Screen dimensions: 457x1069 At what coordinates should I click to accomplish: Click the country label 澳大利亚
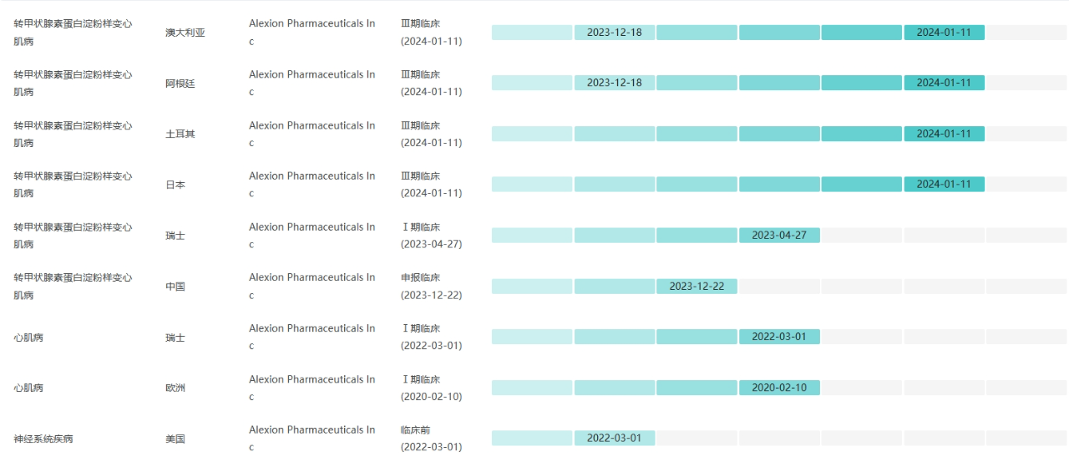[185, 33]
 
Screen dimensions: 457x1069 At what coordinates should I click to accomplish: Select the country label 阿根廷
[180, 84]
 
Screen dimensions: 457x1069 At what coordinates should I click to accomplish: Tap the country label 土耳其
[180, 134]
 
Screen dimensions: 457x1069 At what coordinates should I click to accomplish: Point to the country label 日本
[175, 185]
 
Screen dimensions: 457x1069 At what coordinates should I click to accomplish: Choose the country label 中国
[175, 287]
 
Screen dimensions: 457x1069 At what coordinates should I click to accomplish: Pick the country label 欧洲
[175, 388]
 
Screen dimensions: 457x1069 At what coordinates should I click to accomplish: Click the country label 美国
[175, 439]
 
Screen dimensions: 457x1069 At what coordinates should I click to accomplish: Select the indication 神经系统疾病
[43, 439]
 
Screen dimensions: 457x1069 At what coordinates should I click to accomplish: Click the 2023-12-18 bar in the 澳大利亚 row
[614, 33]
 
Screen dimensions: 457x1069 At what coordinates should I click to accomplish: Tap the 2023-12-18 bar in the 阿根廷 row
[614, 83]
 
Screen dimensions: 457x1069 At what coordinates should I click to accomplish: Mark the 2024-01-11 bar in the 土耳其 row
[944, 134]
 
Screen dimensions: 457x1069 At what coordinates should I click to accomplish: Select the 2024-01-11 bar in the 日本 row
[944, 185]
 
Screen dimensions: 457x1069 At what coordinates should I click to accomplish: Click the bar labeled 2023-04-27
[779, 236]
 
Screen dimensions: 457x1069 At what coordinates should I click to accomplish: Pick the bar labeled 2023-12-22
[697, 287]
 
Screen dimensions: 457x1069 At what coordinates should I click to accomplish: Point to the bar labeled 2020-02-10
[779, 388]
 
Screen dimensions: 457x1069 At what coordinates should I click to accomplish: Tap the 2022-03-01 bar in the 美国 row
[614, 439]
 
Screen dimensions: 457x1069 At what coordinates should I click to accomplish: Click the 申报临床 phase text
[420, 277]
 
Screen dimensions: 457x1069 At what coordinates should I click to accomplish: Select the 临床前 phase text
[415, 429]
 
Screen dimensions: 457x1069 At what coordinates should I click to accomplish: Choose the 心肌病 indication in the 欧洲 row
[28, 388]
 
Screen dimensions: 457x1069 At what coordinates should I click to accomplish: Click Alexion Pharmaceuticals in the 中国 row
[312, 277]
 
